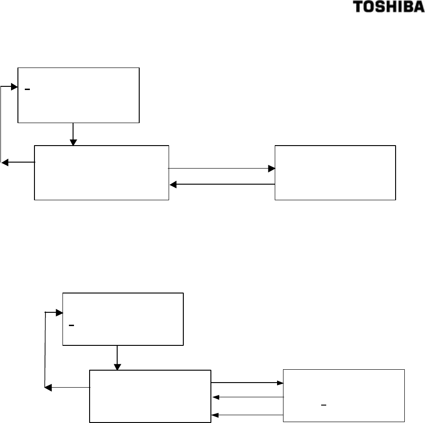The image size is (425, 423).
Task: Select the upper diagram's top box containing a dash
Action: tap(78, 95)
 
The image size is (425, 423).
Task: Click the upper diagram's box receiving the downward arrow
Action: tap(102, 173)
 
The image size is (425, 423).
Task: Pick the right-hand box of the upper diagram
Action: tap(335, 173)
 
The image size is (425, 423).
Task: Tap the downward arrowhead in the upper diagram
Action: tap(73, 142)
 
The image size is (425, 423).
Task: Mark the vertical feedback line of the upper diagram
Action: tap(2, 124)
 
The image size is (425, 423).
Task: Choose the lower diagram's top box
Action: tap(123, 319)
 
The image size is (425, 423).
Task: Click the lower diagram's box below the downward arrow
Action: tap(150, 395)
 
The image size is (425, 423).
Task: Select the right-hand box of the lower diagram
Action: tap(344, 395)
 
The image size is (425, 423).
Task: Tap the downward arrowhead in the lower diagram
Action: tap(118, 367)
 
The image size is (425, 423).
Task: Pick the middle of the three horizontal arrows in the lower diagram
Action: tap(248, 397)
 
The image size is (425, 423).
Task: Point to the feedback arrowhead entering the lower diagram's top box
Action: tap(59, 313)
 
